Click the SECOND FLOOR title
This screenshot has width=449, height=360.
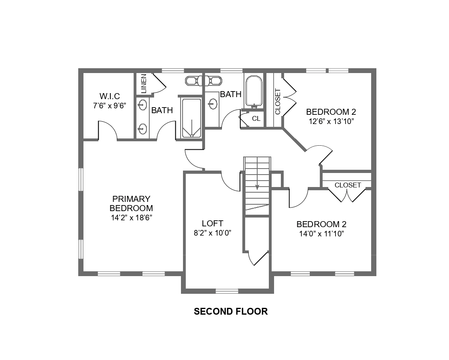point(231,311)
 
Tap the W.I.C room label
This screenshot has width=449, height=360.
point(110,97)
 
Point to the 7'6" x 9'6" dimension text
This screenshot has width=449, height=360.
point(110,106)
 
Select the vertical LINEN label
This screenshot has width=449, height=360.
point(144,84)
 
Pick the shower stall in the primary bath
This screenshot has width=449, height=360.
point(191,118)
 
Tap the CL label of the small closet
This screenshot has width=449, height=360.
point(256,119)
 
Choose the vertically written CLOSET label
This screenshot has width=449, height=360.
point(278,102)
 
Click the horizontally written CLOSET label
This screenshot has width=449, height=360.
point(347,185)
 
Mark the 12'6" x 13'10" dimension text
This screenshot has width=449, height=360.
point(331,121)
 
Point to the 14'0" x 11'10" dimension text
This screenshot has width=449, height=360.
point(321,234)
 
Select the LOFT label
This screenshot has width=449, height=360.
point(212,224)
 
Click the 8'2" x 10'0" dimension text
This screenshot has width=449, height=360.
point(212,233)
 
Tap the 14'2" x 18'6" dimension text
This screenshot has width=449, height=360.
point(131,218)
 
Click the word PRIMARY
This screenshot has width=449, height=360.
point(131,199)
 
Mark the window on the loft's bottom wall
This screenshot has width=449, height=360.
point(227,291)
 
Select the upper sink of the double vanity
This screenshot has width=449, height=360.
point(142,106)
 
